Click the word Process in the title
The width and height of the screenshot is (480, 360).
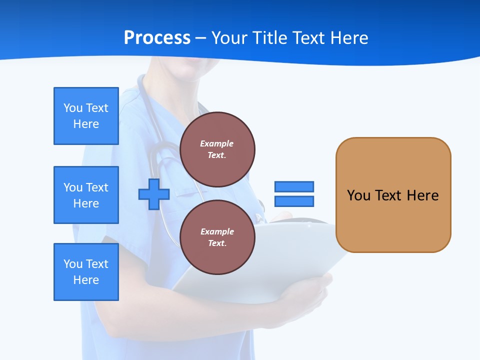[157, 38]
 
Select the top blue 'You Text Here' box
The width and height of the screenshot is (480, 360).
[86, 116]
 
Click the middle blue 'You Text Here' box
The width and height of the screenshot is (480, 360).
[86, 195]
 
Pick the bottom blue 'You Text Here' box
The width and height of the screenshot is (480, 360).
[86, 272]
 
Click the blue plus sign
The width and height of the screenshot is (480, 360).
[154, 194]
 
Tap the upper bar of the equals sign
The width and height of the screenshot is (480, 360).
[294, 186]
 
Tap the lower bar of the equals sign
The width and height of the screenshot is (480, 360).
[294, 201]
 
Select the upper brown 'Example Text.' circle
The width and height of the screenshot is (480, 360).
[217, 149]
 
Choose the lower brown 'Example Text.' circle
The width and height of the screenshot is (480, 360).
[217, 237]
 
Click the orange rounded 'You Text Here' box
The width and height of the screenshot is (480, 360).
[393, 195]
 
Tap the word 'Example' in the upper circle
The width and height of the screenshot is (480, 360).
[217, 143]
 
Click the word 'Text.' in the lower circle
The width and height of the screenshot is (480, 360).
[217, 243]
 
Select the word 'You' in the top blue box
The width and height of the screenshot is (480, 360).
[72, 108]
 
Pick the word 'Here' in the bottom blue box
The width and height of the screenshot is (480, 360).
[86, 280]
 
